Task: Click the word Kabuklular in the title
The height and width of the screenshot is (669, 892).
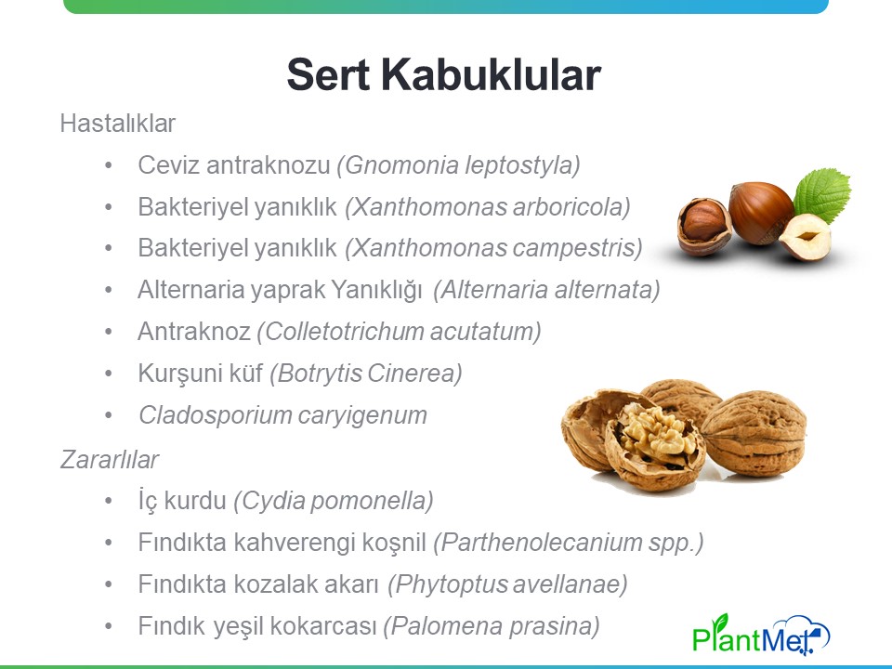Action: click(491, 74)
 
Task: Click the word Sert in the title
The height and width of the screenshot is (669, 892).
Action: click(328, 74)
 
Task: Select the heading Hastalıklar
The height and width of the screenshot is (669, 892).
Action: click(118, 124)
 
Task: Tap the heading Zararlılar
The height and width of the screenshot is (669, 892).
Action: click(110, 460)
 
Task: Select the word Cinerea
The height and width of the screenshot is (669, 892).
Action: click(414, 374)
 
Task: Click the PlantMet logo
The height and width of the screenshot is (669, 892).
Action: click(761, 634)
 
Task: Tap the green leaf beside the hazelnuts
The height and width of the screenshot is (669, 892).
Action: click(822, 194)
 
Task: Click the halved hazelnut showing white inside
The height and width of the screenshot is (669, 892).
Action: click(805, 237)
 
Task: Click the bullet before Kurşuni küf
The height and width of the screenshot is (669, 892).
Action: click(108, 374)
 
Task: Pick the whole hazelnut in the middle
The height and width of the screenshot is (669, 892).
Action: click(761, 212)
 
